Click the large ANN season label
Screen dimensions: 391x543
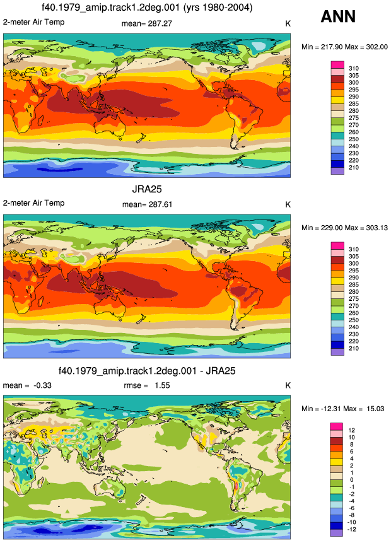pyautogui.click(x=338, y=16)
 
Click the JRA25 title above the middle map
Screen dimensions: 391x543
pyautogui.click(x=147, y=189)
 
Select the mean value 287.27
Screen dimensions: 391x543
pyautogui.click(x=160, y=23)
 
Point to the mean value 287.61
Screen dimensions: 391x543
pyautogui.click(x=160, y=204)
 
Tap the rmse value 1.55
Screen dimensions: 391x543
pyautogui.click(x=162, y=385)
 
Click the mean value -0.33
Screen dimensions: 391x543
pyautogui.click(x=42, y=385)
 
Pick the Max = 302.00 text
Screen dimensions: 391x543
pyautogui.click(x=366, y=47)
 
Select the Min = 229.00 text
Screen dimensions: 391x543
pyautogui.click(x=322, y=228)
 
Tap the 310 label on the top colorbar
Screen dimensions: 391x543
pyautogui.click(x=354, y=68)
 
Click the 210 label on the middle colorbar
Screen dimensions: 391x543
pyautogui.click(x=354, y=348)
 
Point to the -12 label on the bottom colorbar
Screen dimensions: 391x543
pyautogui.click(x=352, y=529)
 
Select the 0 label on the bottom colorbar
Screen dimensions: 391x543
pyautogui.click(x=351, y=480)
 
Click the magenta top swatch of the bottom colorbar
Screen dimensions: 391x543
pyautogui.click(x=336, y=426)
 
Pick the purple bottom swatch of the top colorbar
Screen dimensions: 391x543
pyautogui.click(x=337, y=171)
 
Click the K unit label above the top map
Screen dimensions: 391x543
pyautogui.click(x=288, y=23)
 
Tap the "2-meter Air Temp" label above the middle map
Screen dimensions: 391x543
pyautogui.click(x=33, y=203)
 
